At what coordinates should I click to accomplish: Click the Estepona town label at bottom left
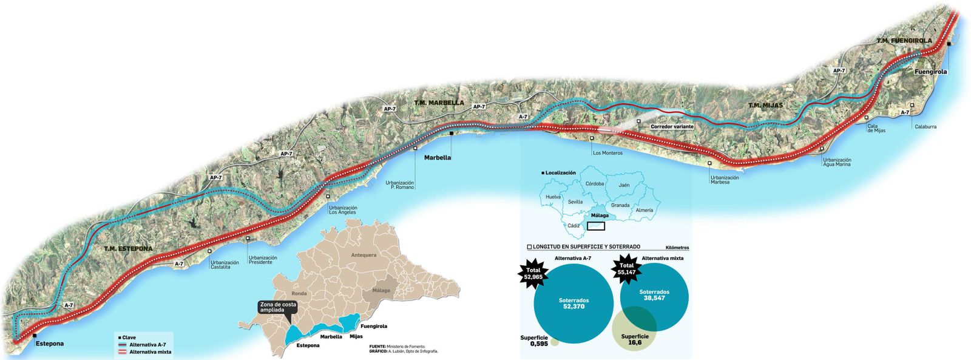coord(49,344)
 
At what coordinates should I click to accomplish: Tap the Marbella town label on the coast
coord(438,157)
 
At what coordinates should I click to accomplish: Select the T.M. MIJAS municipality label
coord(765,106)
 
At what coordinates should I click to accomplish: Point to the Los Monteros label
coord(607,153)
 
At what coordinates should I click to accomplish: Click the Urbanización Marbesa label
coord(725,180)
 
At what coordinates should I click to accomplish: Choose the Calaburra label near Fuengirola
coord(925,127)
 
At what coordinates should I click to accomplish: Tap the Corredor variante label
coord(672,127)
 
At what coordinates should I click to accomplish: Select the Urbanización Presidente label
coord(263,260)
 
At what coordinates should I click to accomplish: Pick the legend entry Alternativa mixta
coord(150,352)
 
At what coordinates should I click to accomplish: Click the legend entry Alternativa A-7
coord(147,344)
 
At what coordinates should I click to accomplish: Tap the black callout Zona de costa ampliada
coord(277,307)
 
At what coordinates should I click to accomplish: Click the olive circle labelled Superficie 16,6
coord(635,339)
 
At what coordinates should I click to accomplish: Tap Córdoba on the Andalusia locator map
coord(594,183)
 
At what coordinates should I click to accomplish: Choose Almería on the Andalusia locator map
coord(645,210)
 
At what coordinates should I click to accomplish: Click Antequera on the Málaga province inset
coord(364,255)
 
